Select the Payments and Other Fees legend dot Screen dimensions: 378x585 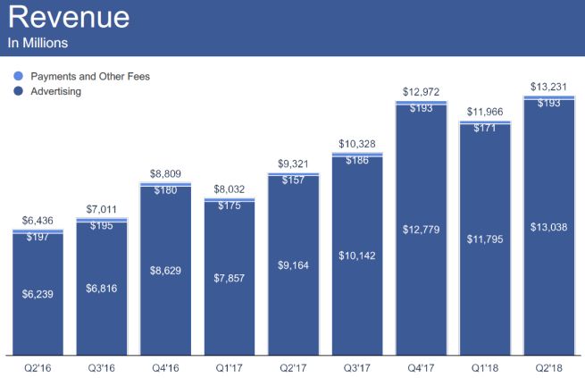pos(19,77)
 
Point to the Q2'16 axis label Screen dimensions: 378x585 pos(38,366)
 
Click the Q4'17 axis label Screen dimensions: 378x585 pos(422,366)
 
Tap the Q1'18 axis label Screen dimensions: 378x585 pos(485,366)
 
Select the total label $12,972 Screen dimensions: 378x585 pos(422,93)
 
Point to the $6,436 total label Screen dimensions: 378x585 pos(38,221)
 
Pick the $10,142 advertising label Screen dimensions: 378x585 pos(357,255)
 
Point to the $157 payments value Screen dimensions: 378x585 pos(293,180)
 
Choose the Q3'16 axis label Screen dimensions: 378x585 pos(101,366)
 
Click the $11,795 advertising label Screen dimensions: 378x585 pos(485,239)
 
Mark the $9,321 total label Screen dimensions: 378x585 pos(294,164)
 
